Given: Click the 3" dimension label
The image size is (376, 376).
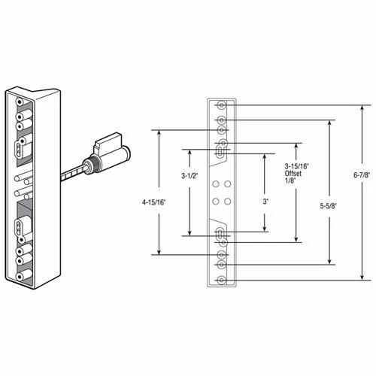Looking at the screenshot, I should pyautogui.click(x=264, y=202).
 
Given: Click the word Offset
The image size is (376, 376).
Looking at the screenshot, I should pyautogui.click(x=293, y=175).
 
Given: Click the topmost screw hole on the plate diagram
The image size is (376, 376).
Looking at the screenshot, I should pyautogui.click(x=220, y=105).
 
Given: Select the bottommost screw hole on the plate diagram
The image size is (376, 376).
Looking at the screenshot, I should pyautogui.click(x=220, y=280).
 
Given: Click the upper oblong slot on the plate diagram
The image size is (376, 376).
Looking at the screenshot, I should pyautogui.click(x=219, y=151).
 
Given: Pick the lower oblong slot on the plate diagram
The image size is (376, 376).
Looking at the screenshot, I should pyautogui.click(x=219, y=235).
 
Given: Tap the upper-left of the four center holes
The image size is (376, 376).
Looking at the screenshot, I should pyautogui.click(x=214, y=184).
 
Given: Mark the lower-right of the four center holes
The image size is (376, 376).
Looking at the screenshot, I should pyautogui.click(x=226, y=202).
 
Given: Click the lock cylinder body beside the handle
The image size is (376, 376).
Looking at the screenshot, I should pyautogui.click(x=109, y=150).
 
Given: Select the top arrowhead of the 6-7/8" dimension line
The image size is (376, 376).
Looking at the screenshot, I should pyautogui.click(x=359, y=108).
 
